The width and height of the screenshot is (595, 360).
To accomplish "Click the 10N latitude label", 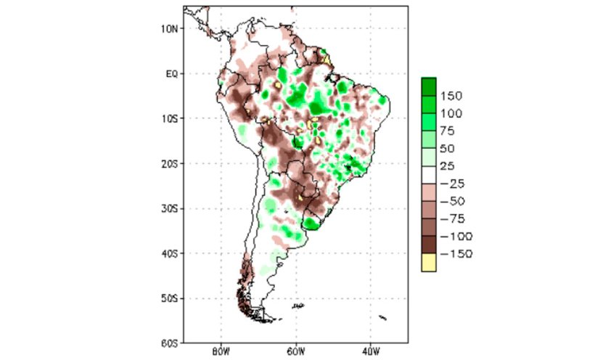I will [x=170, y=28].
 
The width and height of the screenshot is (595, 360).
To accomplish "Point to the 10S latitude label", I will [x=170, y=118].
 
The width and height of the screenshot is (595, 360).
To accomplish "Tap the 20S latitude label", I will [x=170, y=163].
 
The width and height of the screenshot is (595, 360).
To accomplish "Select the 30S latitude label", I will [x=170, y=208].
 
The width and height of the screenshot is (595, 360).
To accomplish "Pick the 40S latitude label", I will [x=170, y=253].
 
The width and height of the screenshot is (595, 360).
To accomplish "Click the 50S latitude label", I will [x=170, y=298].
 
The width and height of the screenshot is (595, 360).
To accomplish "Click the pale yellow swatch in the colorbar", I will [x=429, y=263].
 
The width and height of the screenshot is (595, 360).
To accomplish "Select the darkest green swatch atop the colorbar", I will [x=429, y=86].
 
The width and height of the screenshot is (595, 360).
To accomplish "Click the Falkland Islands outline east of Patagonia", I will [x=297, y=306].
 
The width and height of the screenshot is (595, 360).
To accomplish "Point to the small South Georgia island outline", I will [x=382, y=317].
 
